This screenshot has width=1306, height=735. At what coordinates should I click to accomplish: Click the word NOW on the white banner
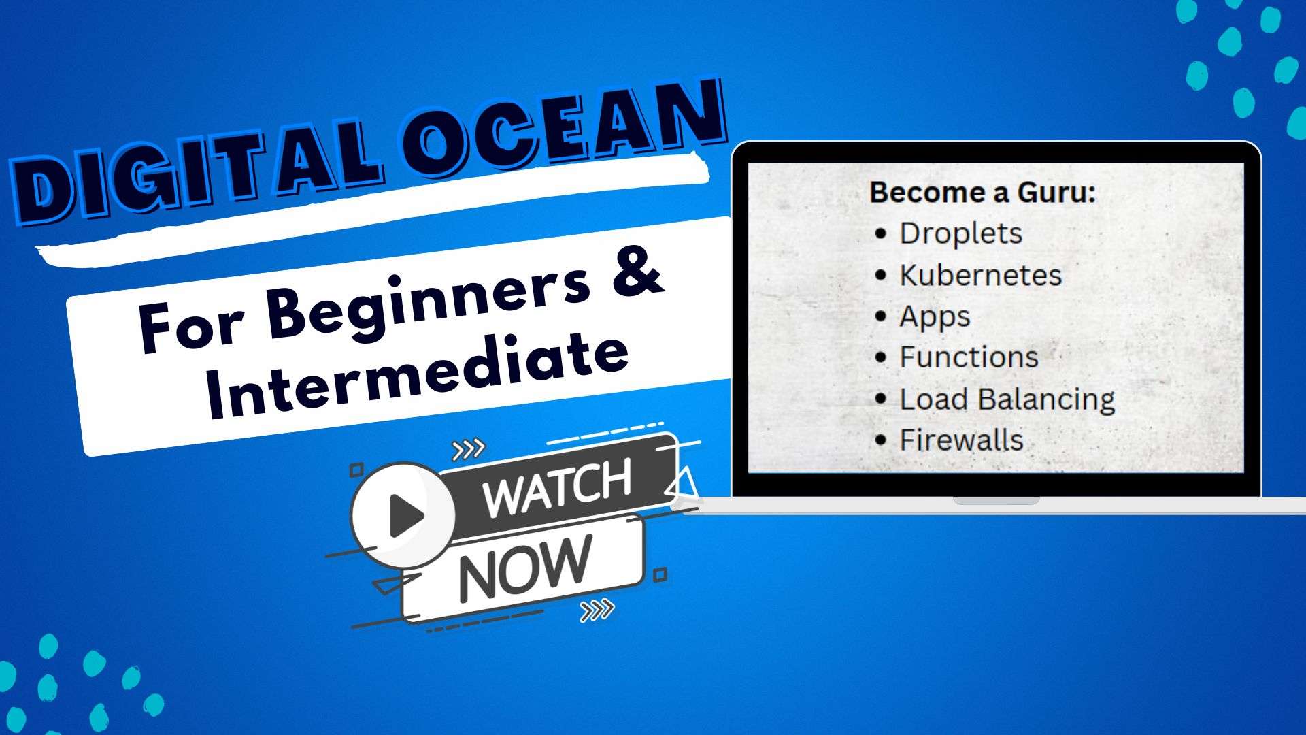click(x=524, y=568)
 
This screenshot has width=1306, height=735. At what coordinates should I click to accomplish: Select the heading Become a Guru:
click(x=982, y=192)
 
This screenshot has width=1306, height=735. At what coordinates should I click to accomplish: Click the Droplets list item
click(x=960, y=233)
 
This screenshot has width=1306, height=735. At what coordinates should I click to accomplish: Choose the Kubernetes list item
click(x=980, y=275)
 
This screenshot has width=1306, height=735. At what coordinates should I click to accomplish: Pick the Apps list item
click(x=935, y=317)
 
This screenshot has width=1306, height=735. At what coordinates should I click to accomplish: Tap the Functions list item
click(x=969, y=357)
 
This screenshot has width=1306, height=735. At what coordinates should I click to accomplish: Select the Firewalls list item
click(x=961, y=440)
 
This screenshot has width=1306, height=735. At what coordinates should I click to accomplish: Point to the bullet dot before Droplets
click(x=881, y=233)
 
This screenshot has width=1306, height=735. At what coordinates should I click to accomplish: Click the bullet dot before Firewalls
click(x=881, y=440)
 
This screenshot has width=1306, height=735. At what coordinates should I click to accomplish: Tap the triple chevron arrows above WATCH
click(x=469, y=449)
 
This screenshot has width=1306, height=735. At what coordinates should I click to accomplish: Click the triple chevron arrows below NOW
click(x=597, y=610)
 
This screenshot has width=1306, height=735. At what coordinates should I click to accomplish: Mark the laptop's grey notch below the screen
click(x=997, y=501)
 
